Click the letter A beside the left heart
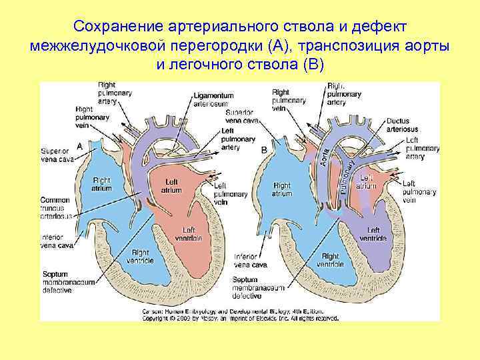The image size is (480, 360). tap(80, 145)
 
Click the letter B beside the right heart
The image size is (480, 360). tap(264, 151)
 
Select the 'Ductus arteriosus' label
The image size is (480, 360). tap(403, 125)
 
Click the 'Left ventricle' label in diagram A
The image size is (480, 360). tap(183, 234)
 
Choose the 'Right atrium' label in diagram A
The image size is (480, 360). tap(102, 184)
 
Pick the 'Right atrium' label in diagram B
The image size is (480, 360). tap(282, 189)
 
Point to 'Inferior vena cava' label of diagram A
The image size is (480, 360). tap(57, 241)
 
